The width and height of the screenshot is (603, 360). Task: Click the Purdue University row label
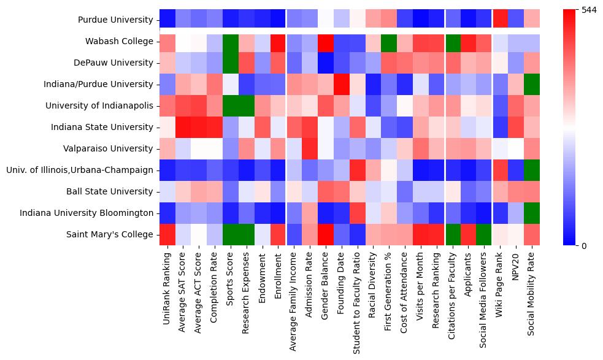pyautogui.click(x=115, y=20)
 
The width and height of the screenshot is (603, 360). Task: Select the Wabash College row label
pyautogui.click(x=120, y=42)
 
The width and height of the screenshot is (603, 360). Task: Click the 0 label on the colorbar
pyautogui.click(x=583, y=246)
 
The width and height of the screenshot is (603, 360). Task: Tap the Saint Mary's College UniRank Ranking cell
pyautogui.click(x=167, y=235)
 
